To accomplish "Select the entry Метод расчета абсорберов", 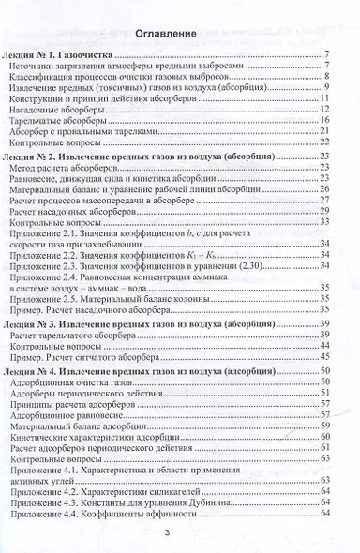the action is click(x=76, y=167).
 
